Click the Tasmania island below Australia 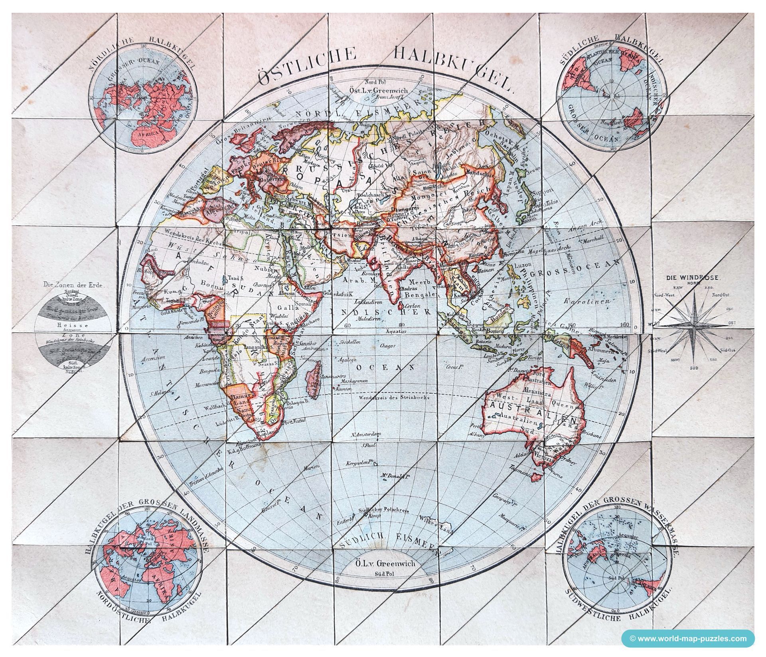point(539,475)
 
